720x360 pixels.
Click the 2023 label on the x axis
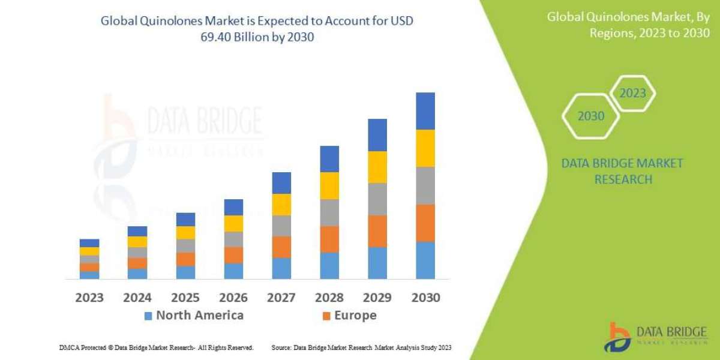(x=89, y=298)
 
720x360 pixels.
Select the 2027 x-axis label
(x=281, y=298)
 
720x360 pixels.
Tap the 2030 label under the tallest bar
(x=425, y=298)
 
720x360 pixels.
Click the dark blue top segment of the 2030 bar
(x=425, y=111)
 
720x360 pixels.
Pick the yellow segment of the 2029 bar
(x=377, y=167)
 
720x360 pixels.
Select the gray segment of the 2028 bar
(x=329, y=212)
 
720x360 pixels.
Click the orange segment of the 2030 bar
(x=425, y=223)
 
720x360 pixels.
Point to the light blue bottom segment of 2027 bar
(x=281, y=268)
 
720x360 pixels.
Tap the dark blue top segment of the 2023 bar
(x=89, y=243)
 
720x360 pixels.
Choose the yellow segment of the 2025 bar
(x=185, y=233)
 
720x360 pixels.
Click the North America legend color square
(x=148, y=316)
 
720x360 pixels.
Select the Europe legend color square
(x=326, y=316)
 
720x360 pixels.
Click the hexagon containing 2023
(x=632, y=94)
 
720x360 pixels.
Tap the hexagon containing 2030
(x=590, y=116)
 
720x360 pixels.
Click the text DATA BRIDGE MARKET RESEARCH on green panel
(x=622, y=171)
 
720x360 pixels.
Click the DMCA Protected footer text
(x=156, y=347)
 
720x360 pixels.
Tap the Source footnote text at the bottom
(x=361, y=347)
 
